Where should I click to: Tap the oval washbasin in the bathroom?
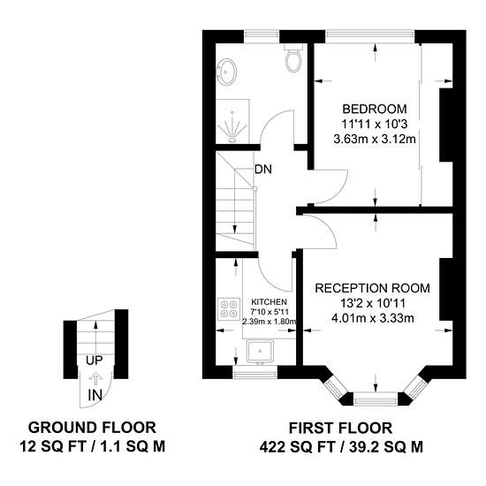click(227, 72)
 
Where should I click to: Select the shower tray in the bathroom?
click(232, 121)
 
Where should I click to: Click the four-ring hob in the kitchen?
click(230, 309)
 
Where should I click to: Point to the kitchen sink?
click(260, 351)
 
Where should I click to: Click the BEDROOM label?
click(375, 109)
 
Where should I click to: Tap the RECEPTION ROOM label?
click(372, 288)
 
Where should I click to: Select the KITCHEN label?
click(269, 302)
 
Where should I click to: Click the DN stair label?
click(263, 170)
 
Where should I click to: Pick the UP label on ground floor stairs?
click(95, 361)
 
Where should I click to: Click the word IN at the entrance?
click(95, 395)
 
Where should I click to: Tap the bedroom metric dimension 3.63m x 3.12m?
click(375, 139)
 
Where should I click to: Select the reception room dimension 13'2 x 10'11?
click(373, 303)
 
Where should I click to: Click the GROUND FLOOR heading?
click(92, 428)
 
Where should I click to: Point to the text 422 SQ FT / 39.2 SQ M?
click(341, 447)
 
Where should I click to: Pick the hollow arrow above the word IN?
click(95, 378)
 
